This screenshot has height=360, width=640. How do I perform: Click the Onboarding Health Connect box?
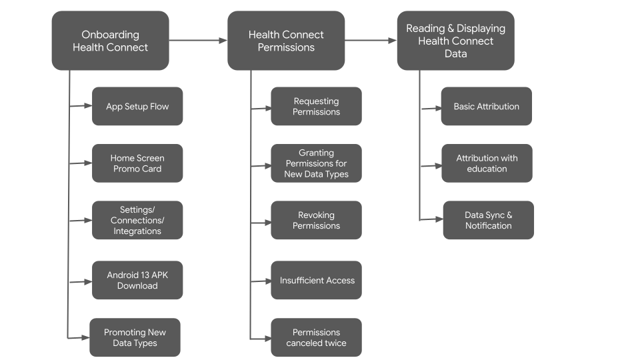[110, 41]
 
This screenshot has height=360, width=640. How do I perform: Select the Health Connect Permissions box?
[286, 41]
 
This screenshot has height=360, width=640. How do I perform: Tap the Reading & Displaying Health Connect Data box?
[455, 41]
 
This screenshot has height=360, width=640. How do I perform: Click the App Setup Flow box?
[137, 106]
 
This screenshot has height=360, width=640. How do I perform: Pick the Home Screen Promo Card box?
[137, 163]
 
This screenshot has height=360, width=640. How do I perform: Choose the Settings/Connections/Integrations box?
[137, 221]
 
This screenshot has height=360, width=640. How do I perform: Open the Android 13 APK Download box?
[137, 280]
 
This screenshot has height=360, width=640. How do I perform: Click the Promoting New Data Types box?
[135, 337]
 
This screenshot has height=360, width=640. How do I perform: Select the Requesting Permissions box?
[316, 106]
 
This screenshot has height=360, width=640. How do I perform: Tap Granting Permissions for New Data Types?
[316, 163]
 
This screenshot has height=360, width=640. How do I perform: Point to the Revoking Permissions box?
[316, 221]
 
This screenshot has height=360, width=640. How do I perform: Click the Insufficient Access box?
[316, 280]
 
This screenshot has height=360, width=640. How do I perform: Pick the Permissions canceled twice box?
[316, 337]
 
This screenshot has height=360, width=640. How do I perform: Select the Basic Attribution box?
[486, 106]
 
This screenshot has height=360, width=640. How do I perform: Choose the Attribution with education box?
[487, 163]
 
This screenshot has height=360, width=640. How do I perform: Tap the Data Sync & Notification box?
[488, 220]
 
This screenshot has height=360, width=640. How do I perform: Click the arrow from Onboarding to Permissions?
[198, 41]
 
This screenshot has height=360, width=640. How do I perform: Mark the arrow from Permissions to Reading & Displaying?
[371, 41]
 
